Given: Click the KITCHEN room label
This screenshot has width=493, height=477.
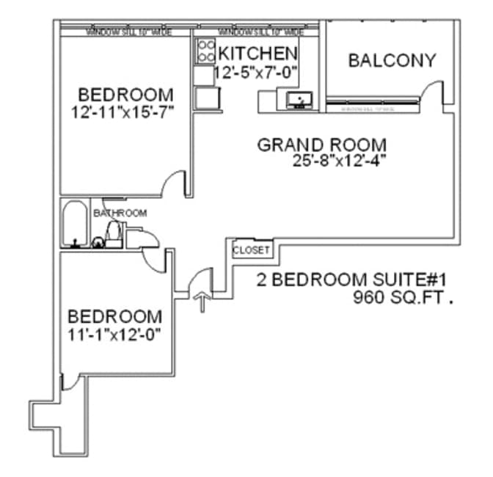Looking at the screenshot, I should (x=258, y=54).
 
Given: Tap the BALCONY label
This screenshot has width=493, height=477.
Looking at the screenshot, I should (x=392, y=60).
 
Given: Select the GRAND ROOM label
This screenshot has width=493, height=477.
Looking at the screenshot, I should (x=321, y=145).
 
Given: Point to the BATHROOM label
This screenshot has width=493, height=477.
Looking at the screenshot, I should (x=120, y=213).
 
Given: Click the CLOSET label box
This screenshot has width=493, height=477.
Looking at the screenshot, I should (x=252, y=250).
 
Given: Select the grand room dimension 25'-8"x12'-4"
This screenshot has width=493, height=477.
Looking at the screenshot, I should (x=338, y=161).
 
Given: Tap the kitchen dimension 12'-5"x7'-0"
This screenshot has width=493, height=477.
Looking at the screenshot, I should (x=256, y=73).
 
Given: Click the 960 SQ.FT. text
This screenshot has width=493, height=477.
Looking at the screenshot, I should (x=400, y=298).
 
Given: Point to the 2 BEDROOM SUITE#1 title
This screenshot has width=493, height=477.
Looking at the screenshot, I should (x=351, y=280).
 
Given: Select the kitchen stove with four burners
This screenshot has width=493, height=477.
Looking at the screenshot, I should (x=203, y=50).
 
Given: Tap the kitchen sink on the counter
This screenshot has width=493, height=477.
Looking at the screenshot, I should (x=300, y=100).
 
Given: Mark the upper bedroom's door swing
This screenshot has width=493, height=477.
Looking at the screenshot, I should (x=175, y=183).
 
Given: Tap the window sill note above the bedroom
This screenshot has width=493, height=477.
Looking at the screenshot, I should (x=124, y=32).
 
